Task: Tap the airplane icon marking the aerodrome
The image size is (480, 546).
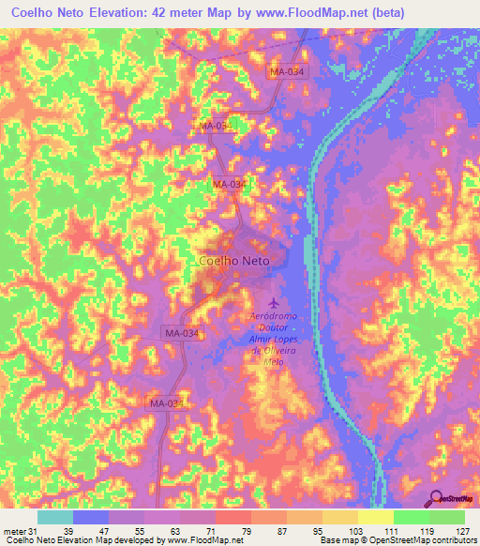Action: pos(273,303)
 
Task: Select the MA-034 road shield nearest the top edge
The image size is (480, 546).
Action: pos(287,71)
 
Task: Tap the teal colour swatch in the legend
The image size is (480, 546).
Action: pos(54,517)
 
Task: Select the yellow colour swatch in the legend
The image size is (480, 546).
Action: pos(375,517)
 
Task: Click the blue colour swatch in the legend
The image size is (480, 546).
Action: pos(91,517)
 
